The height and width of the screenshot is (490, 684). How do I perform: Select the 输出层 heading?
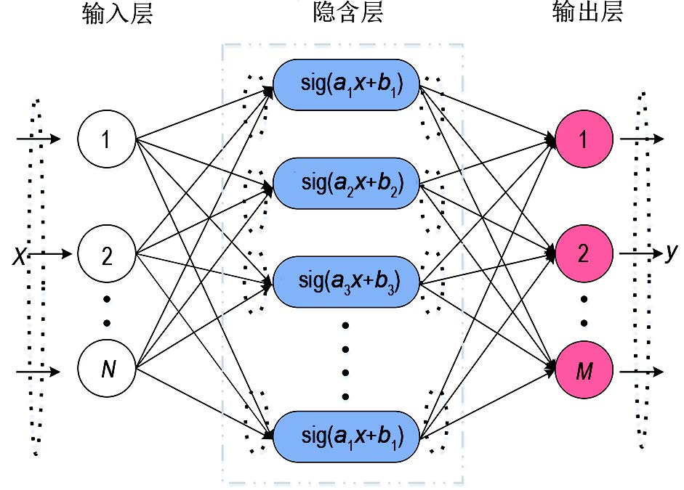click(x=587, y=14)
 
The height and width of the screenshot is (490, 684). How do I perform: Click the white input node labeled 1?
click(x=107, y=138)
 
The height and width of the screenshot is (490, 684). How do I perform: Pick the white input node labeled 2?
click(x=107, y=254)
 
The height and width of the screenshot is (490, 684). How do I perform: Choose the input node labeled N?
click(x=107, y=370)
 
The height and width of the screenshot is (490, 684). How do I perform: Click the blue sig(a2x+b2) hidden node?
click(x=348, y=184)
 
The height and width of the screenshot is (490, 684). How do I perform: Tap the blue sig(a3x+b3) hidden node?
click(x=348, y=279)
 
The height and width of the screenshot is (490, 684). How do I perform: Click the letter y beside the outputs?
click(x=671, y=253)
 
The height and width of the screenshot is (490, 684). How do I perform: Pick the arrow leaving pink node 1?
click(x=640, y=138)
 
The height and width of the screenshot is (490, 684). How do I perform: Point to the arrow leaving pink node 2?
click(x=640, y=254)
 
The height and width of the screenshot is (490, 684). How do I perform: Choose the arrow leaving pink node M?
click(x=640, y=372)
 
